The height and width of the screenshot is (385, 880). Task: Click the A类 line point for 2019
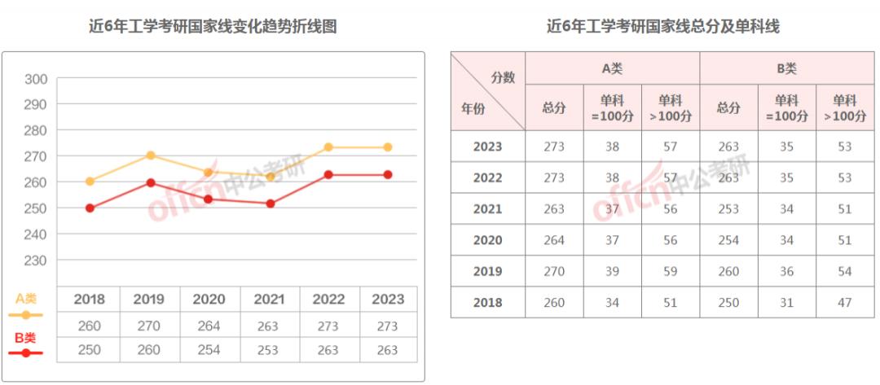click(150, 155)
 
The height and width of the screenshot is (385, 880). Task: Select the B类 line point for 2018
click(90, 208)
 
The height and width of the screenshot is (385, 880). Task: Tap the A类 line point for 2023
click(388, 147)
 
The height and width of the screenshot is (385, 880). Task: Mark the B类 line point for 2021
click(271, 203)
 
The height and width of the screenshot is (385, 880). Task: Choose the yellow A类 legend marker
click(26, 314)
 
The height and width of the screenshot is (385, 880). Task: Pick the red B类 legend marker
click(26, 353)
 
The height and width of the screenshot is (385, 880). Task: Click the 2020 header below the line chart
click(209, 300)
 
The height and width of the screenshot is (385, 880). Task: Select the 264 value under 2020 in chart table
click(209, 326)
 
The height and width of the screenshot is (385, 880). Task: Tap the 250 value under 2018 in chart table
click(90, 350)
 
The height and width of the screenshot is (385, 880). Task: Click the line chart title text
click(213, 27)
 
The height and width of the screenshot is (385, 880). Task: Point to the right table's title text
click(663, 27)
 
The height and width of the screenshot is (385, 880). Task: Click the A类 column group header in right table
click(612, 69)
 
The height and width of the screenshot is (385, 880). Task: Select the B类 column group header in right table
click(786, 69)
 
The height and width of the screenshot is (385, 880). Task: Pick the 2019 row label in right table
click(487, 271)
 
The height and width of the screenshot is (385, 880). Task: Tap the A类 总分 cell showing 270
click(554, 271)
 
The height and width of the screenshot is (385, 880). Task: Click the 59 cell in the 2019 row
click(671, 271)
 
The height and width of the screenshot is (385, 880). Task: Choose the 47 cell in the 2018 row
click(844, 303)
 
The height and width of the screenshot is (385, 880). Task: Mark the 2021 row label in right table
click(487, 209)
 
